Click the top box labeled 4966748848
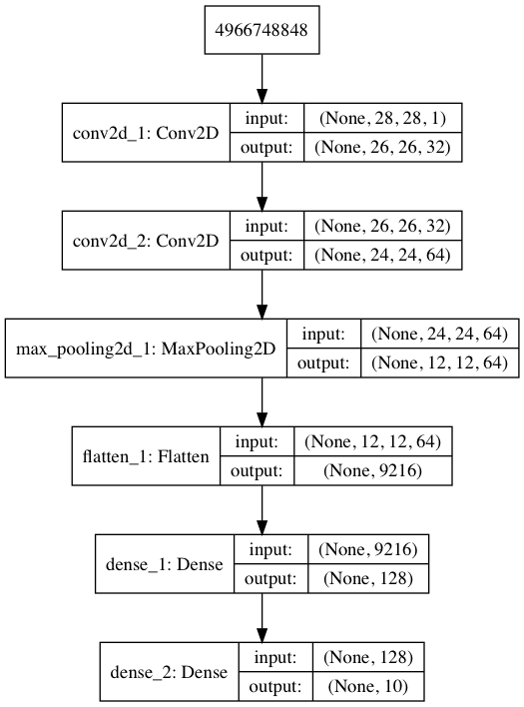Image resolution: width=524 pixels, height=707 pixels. [262, 30]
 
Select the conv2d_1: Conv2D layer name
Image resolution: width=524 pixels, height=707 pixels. [146, 133]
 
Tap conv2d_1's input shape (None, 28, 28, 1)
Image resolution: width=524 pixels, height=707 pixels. [382, 118]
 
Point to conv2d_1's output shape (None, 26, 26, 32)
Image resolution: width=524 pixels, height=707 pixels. [382, 148]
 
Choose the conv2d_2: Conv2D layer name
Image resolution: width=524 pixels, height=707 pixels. [146, 241]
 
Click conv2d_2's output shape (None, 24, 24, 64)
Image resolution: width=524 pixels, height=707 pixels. [382, 256]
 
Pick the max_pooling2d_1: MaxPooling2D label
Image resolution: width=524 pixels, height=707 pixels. [146, 349]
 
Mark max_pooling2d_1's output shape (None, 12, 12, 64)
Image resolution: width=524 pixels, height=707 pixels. [440, 362]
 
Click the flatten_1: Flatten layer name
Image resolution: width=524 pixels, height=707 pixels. [146, 456]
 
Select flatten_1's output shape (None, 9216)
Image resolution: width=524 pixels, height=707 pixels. [372, 470]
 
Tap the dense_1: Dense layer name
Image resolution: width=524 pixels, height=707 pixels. [164, 564]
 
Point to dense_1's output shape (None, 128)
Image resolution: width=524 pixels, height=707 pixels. [368, 578]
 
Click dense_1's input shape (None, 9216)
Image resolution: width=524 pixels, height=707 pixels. [368, 549]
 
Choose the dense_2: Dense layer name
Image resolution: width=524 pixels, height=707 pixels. [169, 672]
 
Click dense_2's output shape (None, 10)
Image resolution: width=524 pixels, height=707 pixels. [368, 686]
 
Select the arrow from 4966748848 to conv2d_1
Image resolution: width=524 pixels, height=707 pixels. [262, 79]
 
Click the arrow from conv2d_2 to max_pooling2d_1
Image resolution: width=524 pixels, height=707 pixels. [262, 294]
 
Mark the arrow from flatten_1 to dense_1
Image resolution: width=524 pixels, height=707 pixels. [262, 509]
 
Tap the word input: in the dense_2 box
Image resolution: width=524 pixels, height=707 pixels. [275, 657]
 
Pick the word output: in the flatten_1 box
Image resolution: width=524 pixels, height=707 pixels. [257, 470]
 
